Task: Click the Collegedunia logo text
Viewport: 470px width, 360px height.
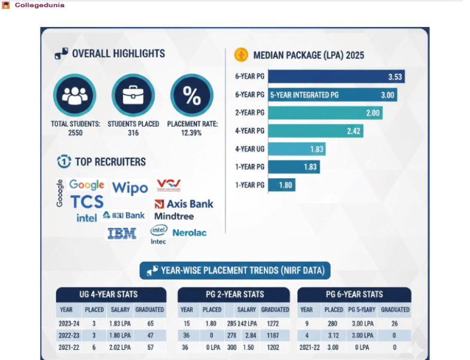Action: [x=39, y=5]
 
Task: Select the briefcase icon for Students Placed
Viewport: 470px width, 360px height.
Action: [x=133, y=96]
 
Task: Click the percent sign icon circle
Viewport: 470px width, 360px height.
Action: [x=191, y=96]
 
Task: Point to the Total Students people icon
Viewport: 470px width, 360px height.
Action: [x=75, y=96]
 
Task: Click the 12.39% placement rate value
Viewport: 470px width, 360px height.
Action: [x=192, y=132]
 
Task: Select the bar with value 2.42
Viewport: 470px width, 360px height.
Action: [x=316, y=131]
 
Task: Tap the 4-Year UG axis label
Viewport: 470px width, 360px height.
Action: [x=249, y=149]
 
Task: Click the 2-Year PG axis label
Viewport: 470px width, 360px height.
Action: [x=249, y=113]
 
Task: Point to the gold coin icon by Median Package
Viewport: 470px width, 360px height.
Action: [x=240, y=55]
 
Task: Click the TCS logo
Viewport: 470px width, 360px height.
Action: [x=87, y=202]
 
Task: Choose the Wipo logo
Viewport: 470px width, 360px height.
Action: [x=130, y=188]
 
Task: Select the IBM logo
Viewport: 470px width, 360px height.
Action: [x=122, y=233]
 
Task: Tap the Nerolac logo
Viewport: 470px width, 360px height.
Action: [x=190, y=233]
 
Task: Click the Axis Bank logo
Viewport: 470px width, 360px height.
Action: [x=184, y=203]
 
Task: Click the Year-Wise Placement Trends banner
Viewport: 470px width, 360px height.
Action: [x=234, y=270]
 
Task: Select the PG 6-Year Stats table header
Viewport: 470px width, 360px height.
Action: [x=354, y=294]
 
